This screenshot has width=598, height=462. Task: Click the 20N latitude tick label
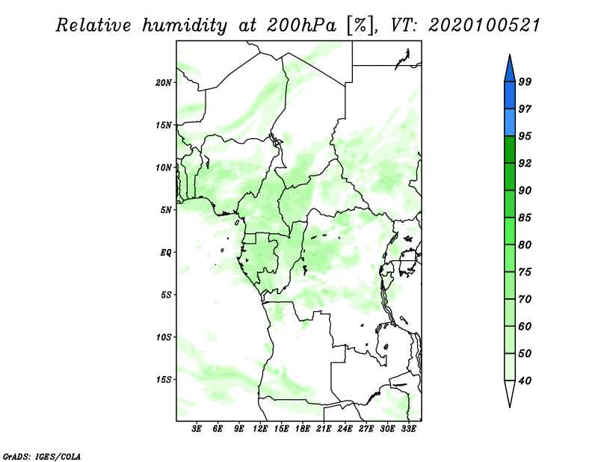click(164, 82)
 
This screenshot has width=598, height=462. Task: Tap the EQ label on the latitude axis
click(165, 253)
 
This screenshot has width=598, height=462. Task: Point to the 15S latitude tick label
click(164, 380)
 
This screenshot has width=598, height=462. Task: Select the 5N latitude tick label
click(166, 210)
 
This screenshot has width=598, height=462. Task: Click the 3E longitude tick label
click(197, 429)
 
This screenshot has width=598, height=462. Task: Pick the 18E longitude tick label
click(303, 429)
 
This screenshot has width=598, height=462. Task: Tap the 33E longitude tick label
click(408, 429)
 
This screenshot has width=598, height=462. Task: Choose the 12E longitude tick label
click(260, 429)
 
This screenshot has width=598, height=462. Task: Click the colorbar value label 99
click(525, 81)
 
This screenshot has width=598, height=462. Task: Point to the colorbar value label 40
click(525, 381)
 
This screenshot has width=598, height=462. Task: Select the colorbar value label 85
click(525, 218)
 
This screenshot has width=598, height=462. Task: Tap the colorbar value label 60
click(525, 326)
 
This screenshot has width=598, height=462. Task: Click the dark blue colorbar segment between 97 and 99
click(510, 96)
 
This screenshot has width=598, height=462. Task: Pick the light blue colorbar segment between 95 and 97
click(510, 123)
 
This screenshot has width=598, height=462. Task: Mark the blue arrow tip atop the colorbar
click(510, 55)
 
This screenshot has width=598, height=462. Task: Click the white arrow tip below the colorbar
click(510, 407)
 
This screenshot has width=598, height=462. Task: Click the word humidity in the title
click(185, 26)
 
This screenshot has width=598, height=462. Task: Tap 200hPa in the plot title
click(301, 25)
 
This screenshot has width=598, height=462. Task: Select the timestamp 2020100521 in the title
click(484, 25)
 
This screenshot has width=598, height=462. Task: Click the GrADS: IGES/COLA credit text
click(42, 456)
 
